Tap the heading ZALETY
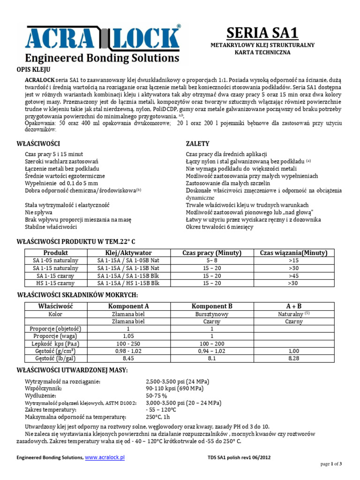tap(197, 143)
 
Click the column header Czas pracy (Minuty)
tap(212, 253)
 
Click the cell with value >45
tap(293, 276)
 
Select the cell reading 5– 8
tap(212, 260)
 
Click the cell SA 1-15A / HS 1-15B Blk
tap(128, 283)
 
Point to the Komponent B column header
tap(212, 306)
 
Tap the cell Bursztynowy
tap(212, 314)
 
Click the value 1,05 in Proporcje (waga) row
tap(128, 336)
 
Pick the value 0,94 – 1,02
tap(212, 351)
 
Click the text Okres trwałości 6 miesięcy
tap(219, 227)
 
